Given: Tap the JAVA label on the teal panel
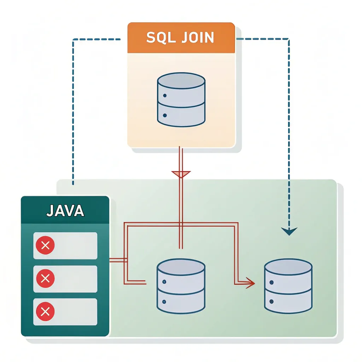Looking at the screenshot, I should [65, 210].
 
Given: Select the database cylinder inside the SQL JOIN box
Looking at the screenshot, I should [181, 99].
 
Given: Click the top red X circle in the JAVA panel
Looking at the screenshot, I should [45, 246].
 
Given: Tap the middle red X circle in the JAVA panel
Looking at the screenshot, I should [45, 279].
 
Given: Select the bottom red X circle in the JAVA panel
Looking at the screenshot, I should [45, 311].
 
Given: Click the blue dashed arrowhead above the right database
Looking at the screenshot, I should [289, 231].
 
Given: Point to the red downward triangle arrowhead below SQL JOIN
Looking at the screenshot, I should [181, 174].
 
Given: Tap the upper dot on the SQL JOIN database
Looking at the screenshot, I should [164, 96].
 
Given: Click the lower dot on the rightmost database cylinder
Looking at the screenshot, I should [271, 302].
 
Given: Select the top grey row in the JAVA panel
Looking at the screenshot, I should [65, 246].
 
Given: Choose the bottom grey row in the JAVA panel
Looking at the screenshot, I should [65, 311].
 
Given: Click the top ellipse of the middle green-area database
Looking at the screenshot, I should [181, 266].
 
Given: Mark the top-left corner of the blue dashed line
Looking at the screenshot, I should [73, 39].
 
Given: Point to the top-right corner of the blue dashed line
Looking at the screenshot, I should [289, 39].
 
